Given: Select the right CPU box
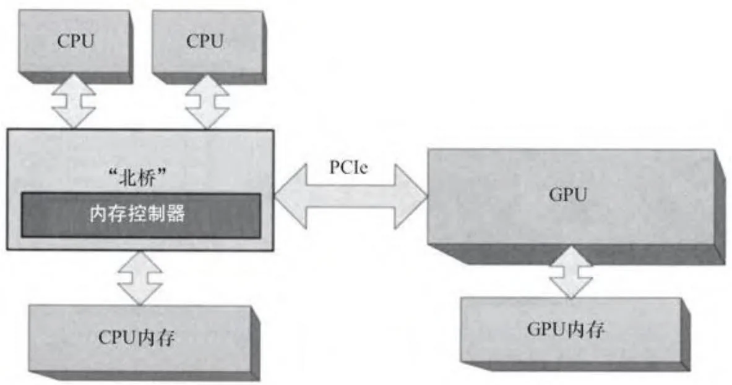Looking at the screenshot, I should click(x=204, y=42).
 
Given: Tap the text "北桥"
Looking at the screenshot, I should click(x=139, y=176).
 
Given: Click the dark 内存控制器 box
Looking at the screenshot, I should click(x=141, y=215).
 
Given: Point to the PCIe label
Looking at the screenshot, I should click(x=350, y=167).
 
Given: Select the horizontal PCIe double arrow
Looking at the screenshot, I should click(x=350, y=197).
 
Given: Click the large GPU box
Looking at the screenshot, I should click(x=569, y=198).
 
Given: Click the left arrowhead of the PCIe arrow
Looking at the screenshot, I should click(x=288, y=197).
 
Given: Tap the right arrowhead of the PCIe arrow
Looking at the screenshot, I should click(x=413, y=197).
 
